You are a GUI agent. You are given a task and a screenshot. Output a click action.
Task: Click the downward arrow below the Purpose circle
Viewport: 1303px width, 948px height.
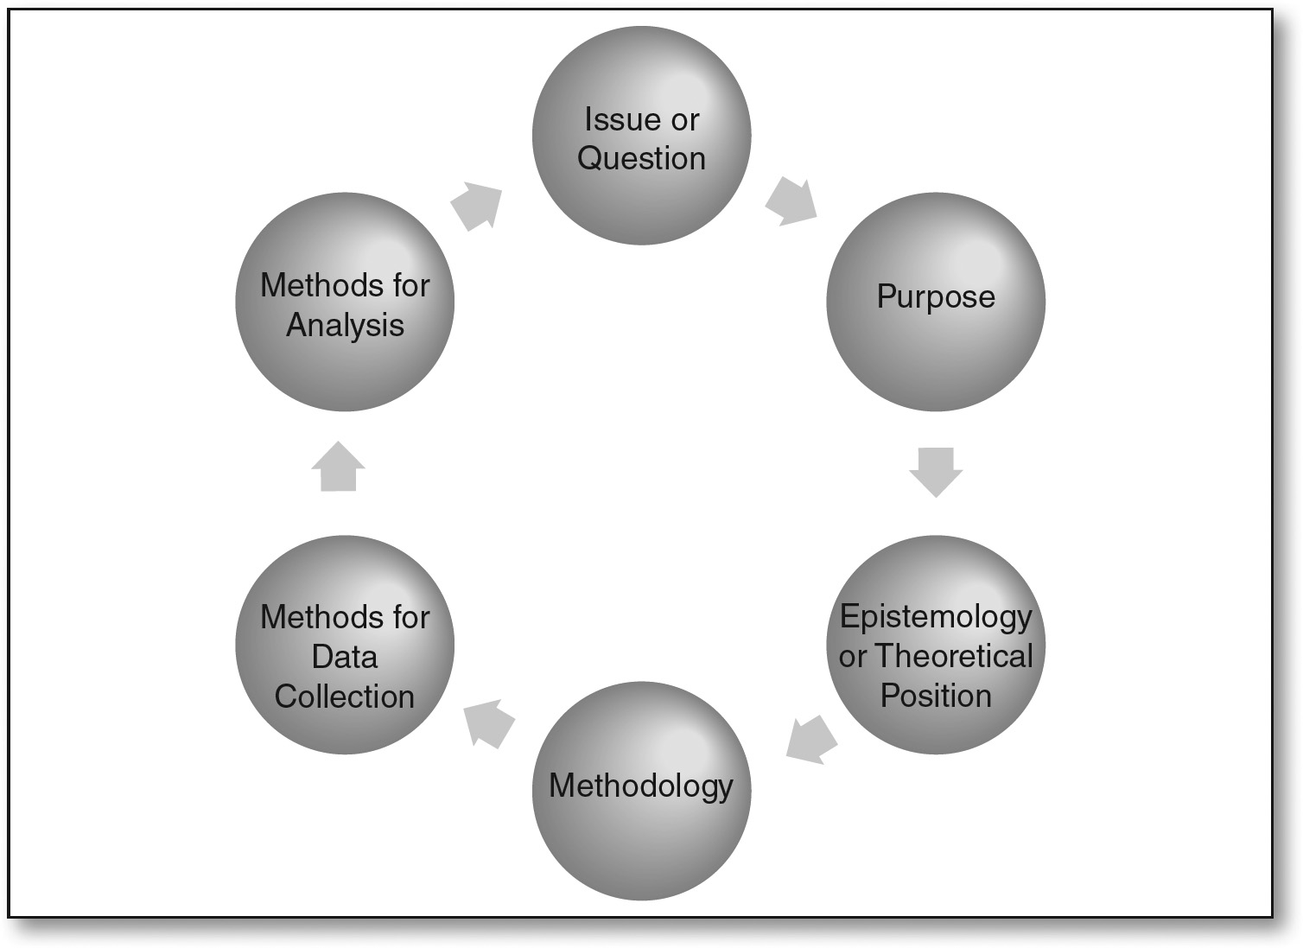936,471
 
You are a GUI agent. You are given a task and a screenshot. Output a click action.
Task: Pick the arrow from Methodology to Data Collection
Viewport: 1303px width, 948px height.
488,723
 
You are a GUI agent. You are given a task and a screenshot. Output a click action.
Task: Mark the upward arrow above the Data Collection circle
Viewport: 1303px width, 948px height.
338,468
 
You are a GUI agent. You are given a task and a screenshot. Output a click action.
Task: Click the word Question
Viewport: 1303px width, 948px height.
641,159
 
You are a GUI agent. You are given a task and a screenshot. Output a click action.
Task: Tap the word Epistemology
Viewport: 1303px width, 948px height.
936,617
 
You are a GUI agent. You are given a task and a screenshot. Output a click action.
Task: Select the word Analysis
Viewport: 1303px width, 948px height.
345,326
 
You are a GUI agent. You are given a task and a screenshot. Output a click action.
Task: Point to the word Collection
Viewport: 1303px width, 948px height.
345,697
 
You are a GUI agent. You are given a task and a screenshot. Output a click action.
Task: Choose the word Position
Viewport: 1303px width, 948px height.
936,696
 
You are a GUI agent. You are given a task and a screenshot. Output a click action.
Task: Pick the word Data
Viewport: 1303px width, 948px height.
345,657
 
